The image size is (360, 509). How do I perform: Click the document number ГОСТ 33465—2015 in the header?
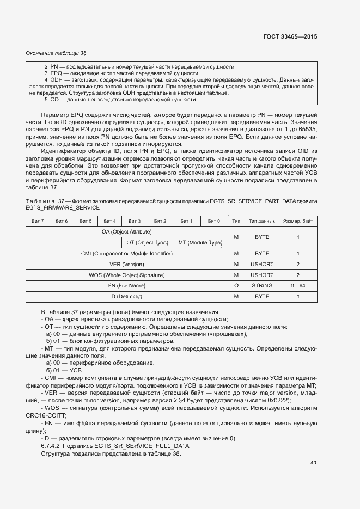tap(289, 36)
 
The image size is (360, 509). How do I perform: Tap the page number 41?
tap(313, 463)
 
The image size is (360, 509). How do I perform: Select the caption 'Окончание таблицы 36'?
tap(56, 53)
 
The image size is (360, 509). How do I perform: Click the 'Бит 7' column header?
tap(38, 221)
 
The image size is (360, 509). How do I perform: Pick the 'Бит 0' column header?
tap(214, 221)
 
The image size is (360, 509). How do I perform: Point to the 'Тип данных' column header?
tap(262, 221)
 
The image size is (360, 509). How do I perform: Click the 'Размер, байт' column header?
tap(298, 221)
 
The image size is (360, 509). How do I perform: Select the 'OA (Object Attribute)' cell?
tap(126, 232)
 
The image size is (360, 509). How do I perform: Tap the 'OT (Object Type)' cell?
tap(147, 243)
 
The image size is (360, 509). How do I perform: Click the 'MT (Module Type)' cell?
tap(200, 243)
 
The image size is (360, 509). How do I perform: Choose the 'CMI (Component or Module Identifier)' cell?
tap(126, 254)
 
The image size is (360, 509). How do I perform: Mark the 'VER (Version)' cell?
tap(126, 264)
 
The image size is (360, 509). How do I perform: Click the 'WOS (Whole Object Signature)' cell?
tap(126, 275)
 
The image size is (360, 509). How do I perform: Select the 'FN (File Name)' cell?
tap(126, 286)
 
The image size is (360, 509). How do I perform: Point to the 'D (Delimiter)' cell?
tap(126, 297)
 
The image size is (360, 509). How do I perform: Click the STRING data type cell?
tap(262, 286)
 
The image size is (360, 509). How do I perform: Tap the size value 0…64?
tap(298, 286)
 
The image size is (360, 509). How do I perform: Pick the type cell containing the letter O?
tap(236, 286)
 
